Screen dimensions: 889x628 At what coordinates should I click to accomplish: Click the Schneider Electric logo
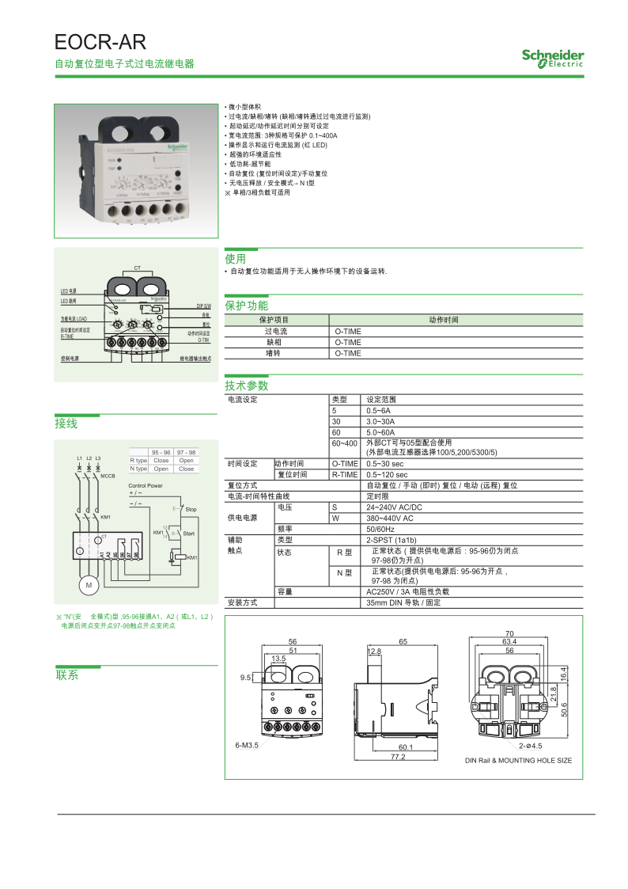tap(552, 58)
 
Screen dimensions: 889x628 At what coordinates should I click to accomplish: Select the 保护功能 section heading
tap(247, 306)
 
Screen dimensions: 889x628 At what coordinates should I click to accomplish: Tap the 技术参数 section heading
tap(247, 386)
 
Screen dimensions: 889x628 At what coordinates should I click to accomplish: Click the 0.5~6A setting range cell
tap(379, 411)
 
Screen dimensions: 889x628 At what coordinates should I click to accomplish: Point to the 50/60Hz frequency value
tap(382, 528)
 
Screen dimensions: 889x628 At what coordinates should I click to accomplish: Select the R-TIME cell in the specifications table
tap(345, 475)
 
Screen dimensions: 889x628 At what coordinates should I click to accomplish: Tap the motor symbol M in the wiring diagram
tap(89, 584)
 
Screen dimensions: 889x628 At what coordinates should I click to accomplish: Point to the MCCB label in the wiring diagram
tap(108, 477)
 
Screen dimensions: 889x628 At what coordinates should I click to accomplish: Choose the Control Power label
tap(146, 485)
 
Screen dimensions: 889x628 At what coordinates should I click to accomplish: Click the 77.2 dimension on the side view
tap(398, 757)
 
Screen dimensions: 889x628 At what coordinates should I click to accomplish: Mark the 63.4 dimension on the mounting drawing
tap(509, 641)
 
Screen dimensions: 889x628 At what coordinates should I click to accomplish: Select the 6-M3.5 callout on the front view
tap(247, 745)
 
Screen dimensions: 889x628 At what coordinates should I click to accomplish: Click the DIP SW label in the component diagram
tap(203, 306)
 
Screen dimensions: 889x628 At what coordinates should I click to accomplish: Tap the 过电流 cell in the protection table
tap(277, 332)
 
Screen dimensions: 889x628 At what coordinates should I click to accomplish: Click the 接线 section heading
tap(66, 424)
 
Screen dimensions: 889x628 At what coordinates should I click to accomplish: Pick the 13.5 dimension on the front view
tap(278, 659)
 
